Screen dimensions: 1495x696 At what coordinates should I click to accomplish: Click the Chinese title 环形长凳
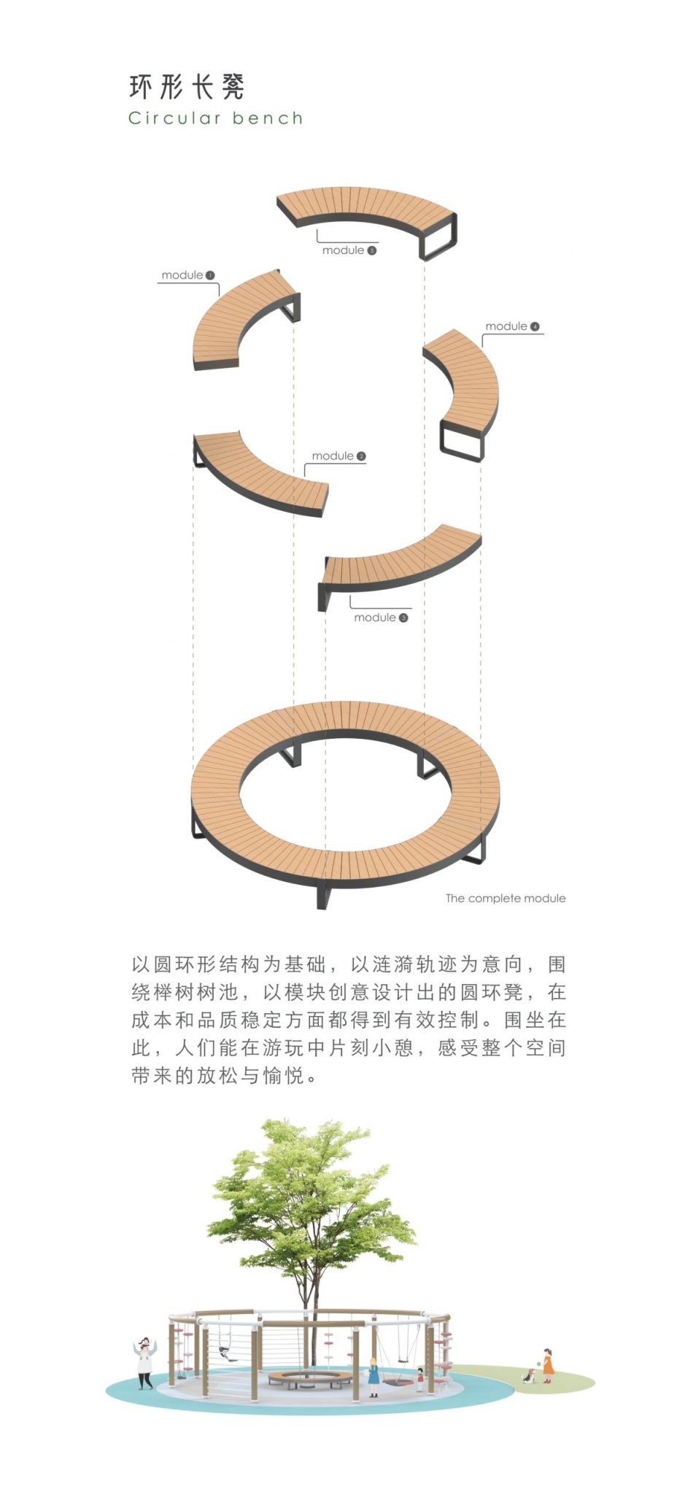pos(187,87)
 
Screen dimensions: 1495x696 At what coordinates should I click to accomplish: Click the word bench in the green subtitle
pos(268,118)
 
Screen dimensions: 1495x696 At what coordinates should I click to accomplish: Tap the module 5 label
pos(349,250)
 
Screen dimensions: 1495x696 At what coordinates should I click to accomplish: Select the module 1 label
pos(187,275)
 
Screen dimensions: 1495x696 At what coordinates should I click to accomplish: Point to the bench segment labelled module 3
pos(401,562)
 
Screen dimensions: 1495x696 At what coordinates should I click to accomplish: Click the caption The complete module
pos(506,899)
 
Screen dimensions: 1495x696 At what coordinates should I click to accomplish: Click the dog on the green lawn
pos(529,1376)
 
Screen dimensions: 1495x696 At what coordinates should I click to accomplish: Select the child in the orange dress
pos(547,1366)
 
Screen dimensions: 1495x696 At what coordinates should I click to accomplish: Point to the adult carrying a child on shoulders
pos(145,1362)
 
